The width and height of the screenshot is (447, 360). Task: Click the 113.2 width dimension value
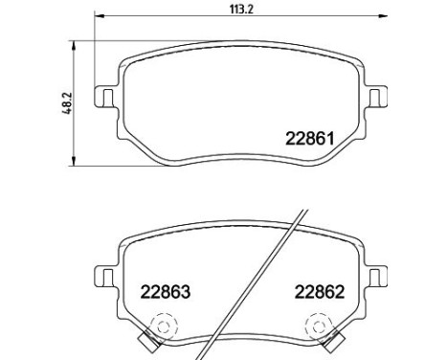241,10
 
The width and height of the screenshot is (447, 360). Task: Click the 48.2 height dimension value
67,103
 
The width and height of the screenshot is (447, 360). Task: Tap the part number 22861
309,139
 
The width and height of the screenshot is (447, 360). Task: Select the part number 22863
166,292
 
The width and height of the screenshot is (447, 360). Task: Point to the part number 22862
320,292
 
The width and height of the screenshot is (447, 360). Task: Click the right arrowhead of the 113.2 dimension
382,15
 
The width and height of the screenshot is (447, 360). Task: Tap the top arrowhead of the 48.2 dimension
74,46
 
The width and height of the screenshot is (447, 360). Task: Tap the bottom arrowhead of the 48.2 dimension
74,161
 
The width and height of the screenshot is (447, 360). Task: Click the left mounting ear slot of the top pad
108,97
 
